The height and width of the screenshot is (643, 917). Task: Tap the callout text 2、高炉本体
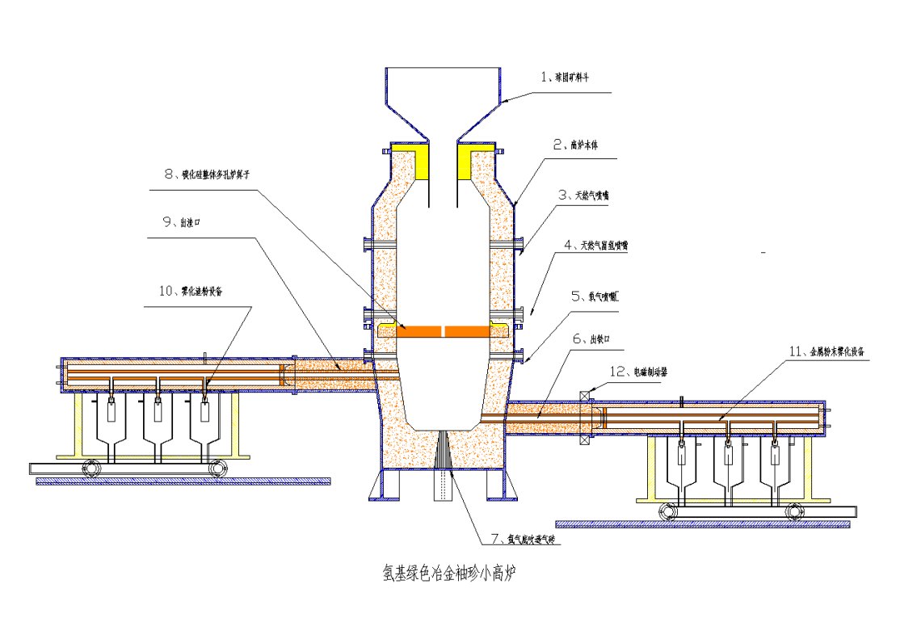pyautogui.click(x=575, y=145)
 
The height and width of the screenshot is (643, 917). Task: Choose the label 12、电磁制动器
pyautogui.click(x=637, y=372)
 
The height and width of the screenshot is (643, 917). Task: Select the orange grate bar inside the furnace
pyautogui.click(x=442, y=330)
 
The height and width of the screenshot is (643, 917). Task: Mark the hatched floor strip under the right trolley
pyautogui.click(x=703, y=524)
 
